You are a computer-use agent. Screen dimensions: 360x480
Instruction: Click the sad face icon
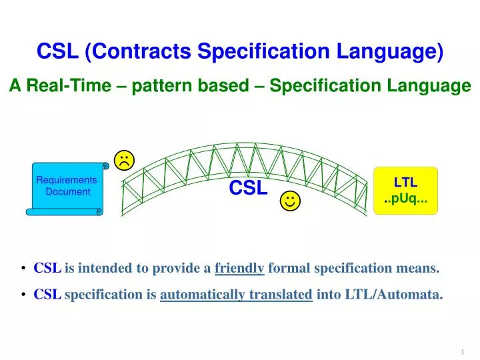[125, 159]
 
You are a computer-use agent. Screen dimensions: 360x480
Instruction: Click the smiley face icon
[289, 201]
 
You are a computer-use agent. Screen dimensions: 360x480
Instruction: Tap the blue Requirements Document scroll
[67, 187]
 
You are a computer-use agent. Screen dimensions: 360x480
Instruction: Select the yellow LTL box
[405, 190]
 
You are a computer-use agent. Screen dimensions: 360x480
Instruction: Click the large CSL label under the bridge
[248, 189]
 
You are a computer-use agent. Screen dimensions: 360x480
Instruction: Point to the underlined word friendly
[239, 269]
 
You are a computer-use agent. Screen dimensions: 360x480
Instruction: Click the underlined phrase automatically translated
[236, 293]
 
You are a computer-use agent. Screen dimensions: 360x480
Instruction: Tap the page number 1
[462, 351]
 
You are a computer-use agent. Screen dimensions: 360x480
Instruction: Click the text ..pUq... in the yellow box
[405, 199]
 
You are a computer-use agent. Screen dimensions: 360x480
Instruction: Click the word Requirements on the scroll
[67, 180]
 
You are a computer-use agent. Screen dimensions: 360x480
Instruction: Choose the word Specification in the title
[271, 51]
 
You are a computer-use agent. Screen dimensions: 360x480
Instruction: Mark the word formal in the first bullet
[289, 269]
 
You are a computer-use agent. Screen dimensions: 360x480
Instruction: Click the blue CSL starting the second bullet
[47, 293]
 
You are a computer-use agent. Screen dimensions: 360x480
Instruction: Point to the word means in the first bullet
[420, 269]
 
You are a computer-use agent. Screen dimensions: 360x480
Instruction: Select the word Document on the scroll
[67, 192]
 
